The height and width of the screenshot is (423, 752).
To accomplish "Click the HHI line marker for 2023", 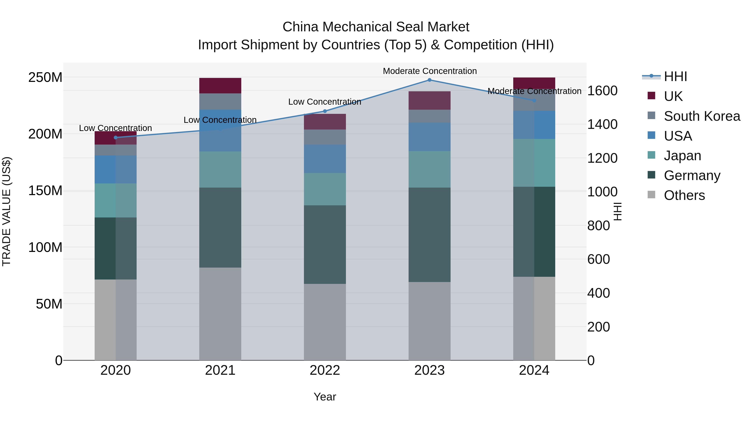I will [429, 80].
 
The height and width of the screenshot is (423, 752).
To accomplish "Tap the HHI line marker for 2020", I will [116, 137].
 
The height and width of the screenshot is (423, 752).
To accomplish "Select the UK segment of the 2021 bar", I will [220, 85].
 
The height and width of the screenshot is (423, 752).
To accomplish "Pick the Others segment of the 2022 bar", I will [325, 322].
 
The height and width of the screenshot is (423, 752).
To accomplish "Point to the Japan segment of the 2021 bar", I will [220, 169].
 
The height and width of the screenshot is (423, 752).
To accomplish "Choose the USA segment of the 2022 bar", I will [325, 159].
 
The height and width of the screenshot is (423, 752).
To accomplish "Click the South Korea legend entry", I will [702, 116].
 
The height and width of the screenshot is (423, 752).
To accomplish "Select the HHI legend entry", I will [675, 76].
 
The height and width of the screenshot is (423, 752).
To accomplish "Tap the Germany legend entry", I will [692, 175].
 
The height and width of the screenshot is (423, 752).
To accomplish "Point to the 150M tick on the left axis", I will [45, 191].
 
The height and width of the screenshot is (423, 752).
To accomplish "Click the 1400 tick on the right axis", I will [602, 124].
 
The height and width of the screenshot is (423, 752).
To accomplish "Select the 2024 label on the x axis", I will [534, 370].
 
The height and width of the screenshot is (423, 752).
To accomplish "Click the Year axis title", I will [325, 397].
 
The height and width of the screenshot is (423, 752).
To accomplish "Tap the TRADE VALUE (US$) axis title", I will [7, 211].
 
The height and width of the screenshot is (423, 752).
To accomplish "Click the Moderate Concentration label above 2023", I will [430, 71].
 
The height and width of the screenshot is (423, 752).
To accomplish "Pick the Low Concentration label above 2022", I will [325, 102].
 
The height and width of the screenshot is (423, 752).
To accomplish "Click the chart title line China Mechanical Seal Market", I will [376, 27].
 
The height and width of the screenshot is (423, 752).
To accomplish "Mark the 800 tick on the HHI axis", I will [598, 226].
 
